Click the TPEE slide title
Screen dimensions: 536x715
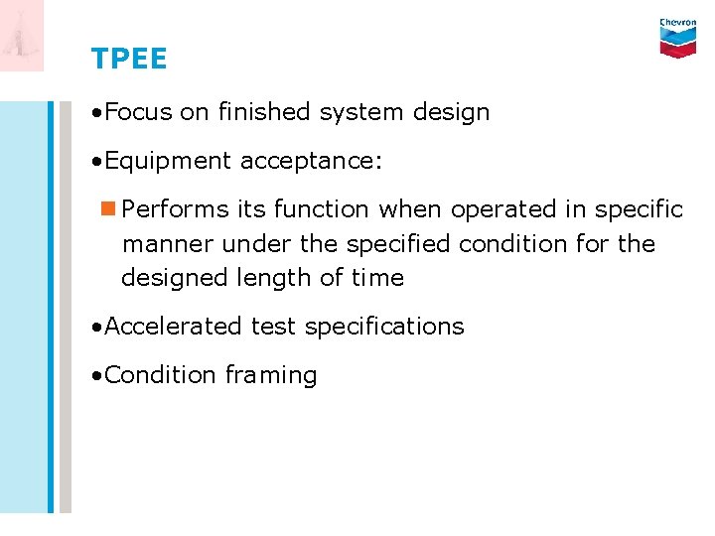coord(129,60)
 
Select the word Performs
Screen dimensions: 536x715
coord(176,210)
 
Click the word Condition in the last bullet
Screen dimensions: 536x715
coord(160,375)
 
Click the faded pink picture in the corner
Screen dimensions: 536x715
coord(22,36)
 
